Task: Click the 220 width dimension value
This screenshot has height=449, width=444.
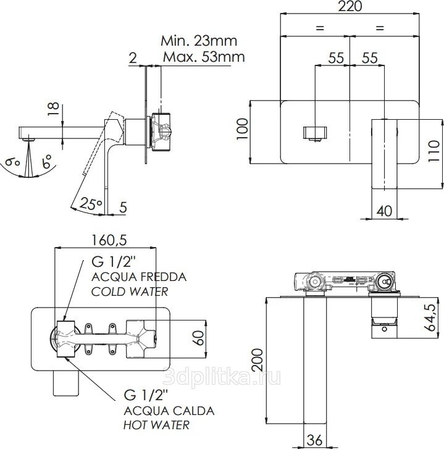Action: tap(350, 6)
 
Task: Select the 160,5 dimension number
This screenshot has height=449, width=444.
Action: tap(109, 240)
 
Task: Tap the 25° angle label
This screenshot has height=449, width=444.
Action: tap(90, 204)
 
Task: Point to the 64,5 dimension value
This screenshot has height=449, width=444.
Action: tap(434, 318)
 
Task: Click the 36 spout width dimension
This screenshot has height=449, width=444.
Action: tap(314, 440)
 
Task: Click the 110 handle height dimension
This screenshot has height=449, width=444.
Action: tap(434, 151)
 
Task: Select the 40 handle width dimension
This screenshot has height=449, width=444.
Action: tap(384, 211)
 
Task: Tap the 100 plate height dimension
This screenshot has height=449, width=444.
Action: tap(242, 129)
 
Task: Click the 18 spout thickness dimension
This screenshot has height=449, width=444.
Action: tap(53, 109)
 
